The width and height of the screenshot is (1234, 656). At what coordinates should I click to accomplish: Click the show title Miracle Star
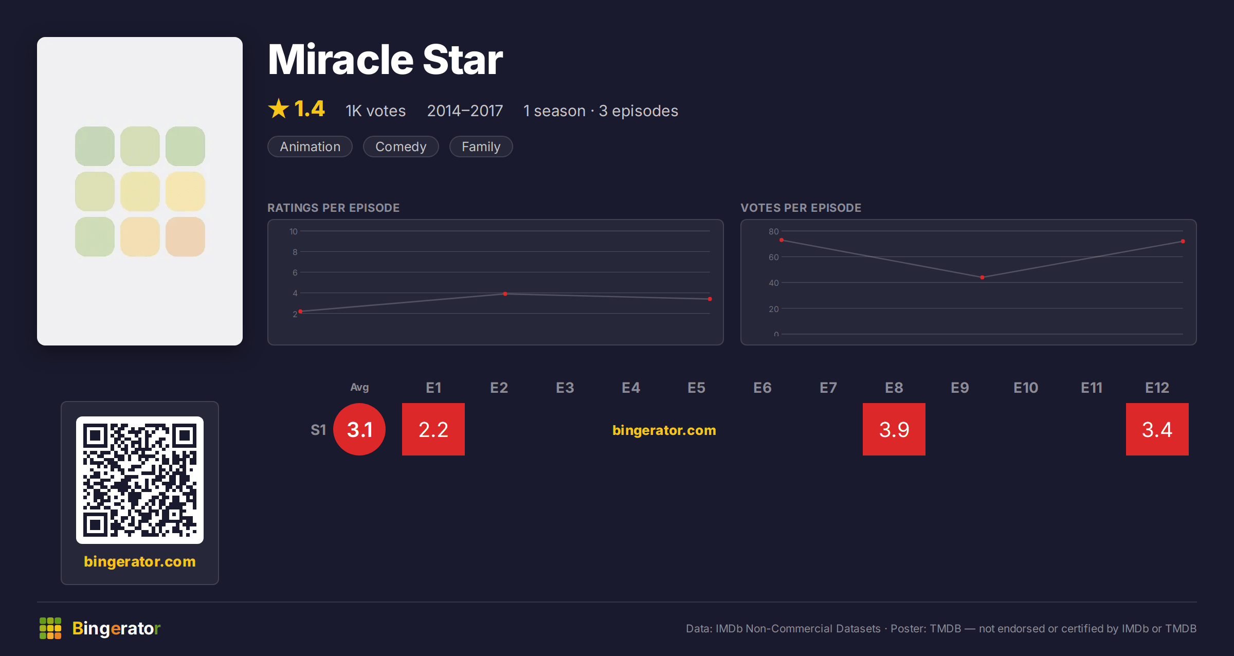point(385,60)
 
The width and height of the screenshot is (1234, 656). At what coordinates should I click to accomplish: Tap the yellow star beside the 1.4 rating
point(279,108)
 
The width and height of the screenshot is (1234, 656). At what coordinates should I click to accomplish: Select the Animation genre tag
point(310,147)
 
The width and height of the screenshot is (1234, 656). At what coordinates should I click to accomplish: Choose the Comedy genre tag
point(401,147)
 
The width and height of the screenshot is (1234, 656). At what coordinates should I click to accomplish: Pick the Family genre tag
point(481,147)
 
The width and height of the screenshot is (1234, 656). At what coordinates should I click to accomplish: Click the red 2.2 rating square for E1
point(433,429)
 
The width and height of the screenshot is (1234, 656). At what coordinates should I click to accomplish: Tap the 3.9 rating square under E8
point(894,429)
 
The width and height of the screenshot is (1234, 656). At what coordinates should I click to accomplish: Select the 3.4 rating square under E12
point(1157,429)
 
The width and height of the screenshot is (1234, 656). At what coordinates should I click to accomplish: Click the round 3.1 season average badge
point(359,429)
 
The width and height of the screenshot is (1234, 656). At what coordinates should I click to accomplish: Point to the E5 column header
point(697,388)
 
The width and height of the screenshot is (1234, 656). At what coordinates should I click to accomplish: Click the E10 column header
point(1026,388)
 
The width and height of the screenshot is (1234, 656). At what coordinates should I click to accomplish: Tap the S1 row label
point(318,430)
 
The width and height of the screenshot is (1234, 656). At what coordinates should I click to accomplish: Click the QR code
point(140,480)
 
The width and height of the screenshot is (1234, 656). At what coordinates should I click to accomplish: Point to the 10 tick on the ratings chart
point(294,231)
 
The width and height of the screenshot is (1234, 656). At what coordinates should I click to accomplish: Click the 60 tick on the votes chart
point(774,257)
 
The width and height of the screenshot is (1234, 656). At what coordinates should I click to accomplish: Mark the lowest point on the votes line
point(982,278)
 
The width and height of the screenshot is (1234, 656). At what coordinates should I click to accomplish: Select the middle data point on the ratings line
point(505,294)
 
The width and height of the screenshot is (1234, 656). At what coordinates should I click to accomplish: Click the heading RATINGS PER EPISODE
point(334,208)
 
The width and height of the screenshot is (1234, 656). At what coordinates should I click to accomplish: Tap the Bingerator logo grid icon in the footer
point(50,628)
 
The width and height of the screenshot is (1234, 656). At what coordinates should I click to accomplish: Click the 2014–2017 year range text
point(465,111)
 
